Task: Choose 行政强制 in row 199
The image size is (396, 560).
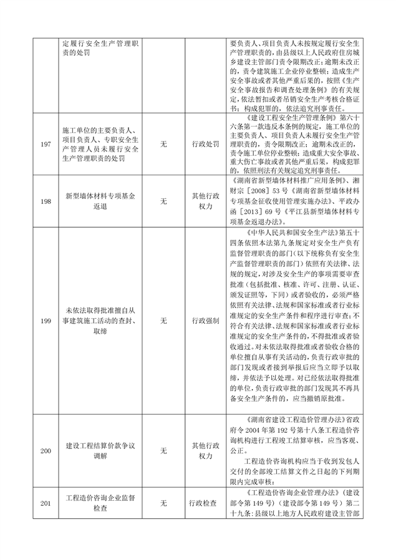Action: click(x=206, y=321)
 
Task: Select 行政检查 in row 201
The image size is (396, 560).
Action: click(x=206, y=503)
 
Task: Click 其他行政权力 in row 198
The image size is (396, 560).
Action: click(x=206, y=201)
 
